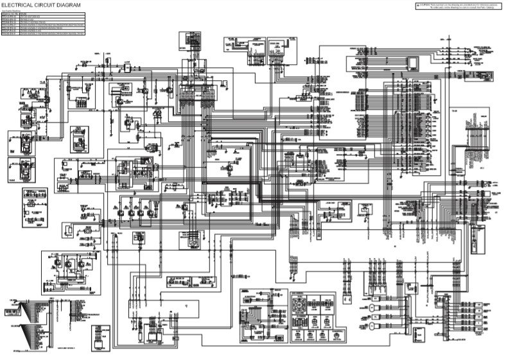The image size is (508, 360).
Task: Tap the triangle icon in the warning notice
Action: point(418,4)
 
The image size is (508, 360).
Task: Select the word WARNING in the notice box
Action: point(426,4)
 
